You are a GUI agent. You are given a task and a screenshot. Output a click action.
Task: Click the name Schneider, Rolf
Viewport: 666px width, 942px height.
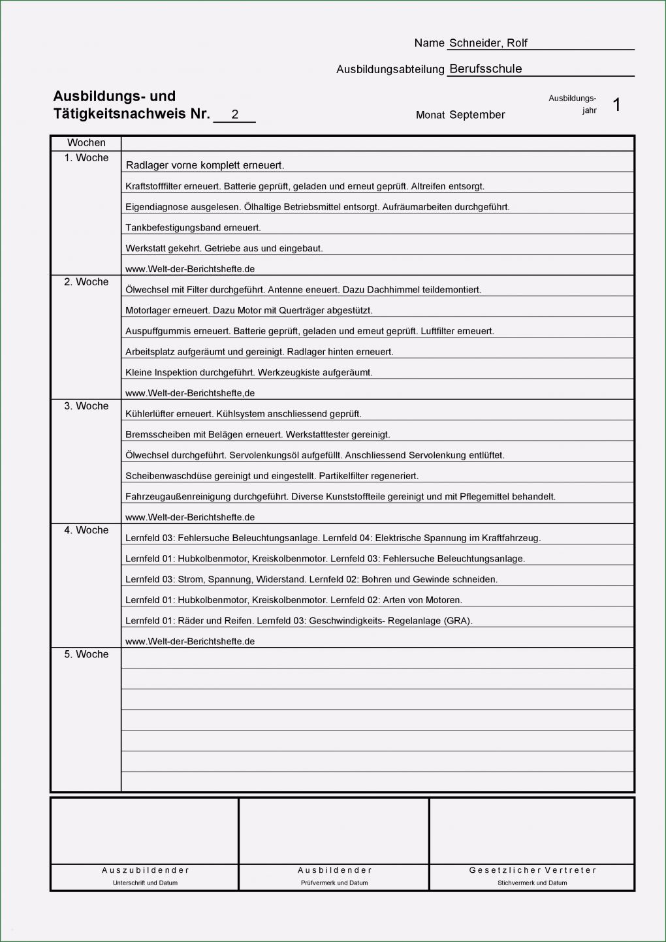point(488,43)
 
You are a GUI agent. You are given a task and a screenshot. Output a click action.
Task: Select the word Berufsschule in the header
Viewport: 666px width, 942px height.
point(485,69)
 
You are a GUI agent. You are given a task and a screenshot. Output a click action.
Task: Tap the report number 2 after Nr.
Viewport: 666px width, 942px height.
point(234,114)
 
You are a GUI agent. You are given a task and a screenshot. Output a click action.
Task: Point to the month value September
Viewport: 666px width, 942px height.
point(477,115)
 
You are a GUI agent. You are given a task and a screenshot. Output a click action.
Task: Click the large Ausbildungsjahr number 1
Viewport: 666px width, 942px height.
point(616,104)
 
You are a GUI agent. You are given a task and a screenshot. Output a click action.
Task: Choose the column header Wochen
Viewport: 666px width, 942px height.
point(86,143)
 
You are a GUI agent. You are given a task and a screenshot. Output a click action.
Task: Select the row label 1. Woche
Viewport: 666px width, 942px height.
point(86,158)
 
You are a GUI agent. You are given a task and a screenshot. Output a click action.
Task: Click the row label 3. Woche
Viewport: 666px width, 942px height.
point(86,406)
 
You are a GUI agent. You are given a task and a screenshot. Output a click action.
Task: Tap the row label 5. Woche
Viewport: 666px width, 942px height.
point(86,654)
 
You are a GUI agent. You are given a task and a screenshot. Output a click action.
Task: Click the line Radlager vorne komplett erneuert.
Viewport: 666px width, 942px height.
point(205,166)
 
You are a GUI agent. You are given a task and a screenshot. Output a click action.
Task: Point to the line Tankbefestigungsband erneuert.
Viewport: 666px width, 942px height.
point(193,228)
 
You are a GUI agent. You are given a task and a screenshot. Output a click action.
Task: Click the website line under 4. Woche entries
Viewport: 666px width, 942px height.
point(190,642)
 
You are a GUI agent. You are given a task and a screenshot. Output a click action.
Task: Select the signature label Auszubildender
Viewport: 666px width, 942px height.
point(145,870)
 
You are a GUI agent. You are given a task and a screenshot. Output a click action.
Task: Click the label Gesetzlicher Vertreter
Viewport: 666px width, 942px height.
point(532,870)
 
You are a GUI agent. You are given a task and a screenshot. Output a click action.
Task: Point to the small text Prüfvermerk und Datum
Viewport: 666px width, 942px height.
point(334,883)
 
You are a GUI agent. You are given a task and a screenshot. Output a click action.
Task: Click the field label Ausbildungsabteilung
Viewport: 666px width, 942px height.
point(390,69)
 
